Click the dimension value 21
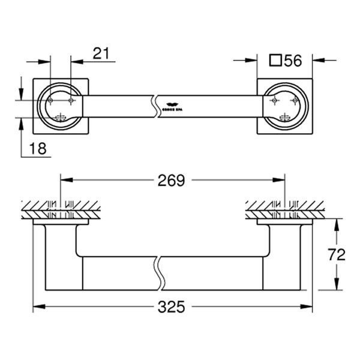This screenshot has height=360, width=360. [x=101, y=53]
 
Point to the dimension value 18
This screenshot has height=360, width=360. [x=37, y=148]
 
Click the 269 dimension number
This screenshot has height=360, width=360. [x=172, y=179]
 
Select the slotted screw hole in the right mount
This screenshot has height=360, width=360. [x=286, y=117]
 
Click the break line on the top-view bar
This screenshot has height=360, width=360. [x=156, y=105]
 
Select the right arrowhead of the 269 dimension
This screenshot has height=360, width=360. [x=280, y=179]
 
